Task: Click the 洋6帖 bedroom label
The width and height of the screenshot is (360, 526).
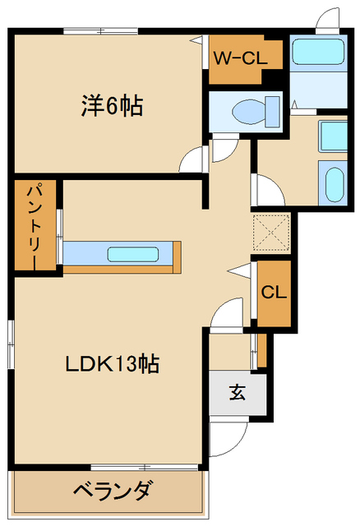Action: coord(113,106)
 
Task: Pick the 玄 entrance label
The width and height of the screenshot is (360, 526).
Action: coord(237,392)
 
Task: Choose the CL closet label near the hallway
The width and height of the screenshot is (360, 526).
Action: coord(273,293)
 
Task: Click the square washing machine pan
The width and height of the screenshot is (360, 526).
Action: coord(333,136)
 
